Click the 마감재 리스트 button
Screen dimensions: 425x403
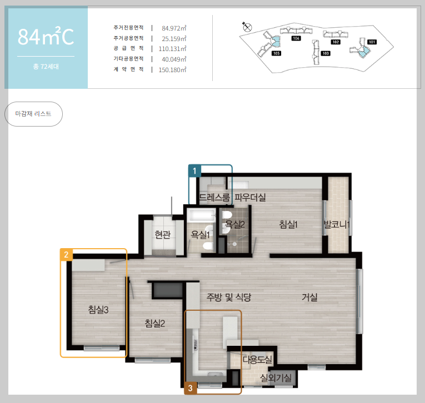33,114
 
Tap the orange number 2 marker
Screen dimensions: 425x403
66,255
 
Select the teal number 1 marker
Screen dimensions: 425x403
194,170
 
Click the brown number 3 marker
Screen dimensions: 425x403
190,388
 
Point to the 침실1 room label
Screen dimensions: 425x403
288,224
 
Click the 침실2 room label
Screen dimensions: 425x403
155,324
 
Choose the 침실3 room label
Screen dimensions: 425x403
98,310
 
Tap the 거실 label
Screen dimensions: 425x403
309,298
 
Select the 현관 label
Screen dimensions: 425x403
163,235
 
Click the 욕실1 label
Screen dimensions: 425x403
201,235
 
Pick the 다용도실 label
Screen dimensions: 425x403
257,360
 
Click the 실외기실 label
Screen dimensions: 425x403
276,378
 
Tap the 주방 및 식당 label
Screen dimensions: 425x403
229,298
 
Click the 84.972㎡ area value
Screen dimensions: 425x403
174,28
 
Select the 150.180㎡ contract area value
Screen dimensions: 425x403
172,70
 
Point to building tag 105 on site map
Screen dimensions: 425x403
276,53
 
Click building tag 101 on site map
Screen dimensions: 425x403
372,42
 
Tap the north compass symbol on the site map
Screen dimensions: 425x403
247,27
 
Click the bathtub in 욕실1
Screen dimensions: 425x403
201,216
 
